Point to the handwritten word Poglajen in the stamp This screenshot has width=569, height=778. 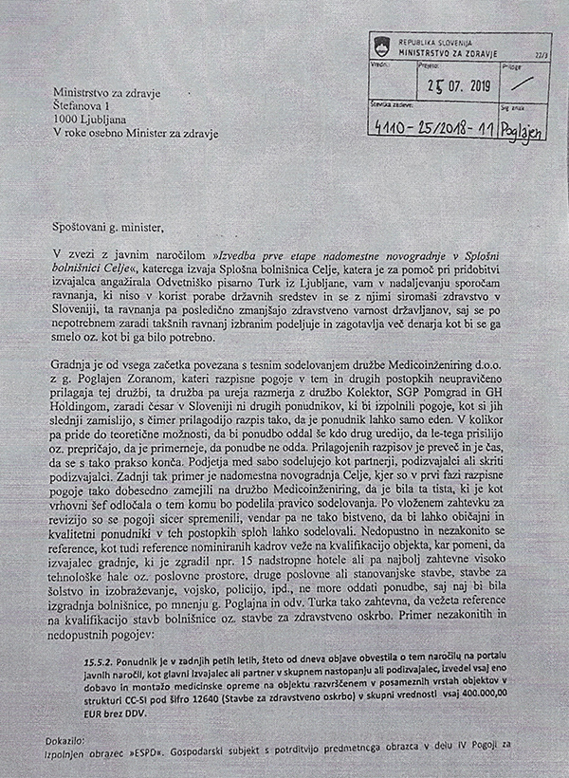tap(519, 128)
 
